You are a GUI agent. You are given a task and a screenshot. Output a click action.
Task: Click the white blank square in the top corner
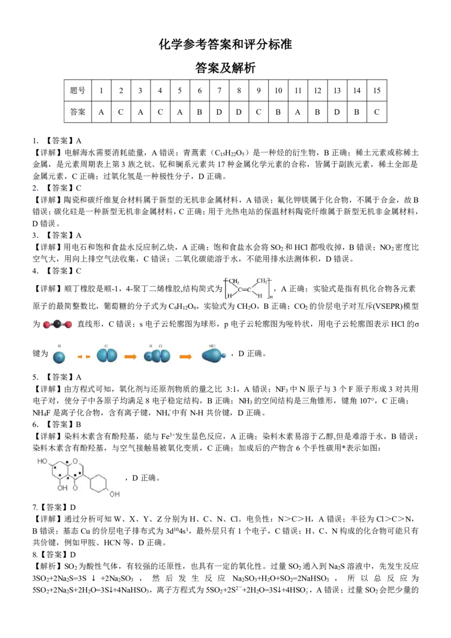tap(372, 58)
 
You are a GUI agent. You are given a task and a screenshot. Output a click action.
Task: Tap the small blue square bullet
tap(38, 192)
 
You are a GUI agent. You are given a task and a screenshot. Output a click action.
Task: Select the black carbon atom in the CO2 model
tap(58, 324)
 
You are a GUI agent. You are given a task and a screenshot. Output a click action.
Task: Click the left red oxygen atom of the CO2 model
tap(47, 325)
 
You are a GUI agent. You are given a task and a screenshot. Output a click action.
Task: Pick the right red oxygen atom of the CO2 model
tap(68, 325)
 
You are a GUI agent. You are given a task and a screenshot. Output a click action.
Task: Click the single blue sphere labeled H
tap(59, 356)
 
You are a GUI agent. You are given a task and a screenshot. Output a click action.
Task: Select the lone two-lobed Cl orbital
tap(107, 355)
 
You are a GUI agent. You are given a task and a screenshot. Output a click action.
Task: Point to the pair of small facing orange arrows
tap(84, 356)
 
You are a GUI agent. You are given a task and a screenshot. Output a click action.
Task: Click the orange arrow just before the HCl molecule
tap(185, 356)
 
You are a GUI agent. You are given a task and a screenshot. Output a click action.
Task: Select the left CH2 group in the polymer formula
tap(233, 281)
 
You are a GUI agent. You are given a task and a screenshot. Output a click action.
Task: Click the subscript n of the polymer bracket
tap(272, 296)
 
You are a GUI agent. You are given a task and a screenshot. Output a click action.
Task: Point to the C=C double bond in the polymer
tap(245, 290)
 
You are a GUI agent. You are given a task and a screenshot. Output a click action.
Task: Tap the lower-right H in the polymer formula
tap(260, 296)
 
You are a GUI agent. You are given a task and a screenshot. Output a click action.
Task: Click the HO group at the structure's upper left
tap(42, 462)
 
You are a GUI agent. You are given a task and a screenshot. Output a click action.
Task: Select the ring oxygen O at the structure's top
tap(74, 461)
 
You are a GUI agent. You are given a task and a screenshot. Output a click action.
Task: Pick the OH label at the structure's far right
tap(114, 494)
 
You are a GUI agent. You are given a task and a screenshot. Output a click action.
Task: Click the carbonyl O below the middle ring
tap(75, 488)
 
